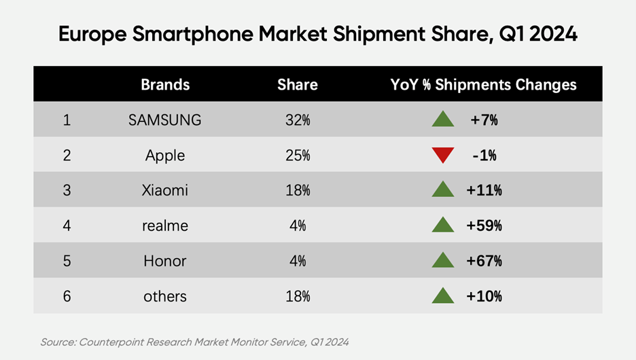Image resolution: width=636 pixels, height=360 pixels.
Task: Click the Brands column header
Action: (x=165, y=84)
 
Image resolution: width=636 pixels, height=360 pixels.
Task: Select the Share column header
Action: (x=297, y=84)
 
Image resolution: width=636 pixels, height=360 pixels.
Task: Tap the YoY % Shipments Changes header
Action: (x=483, y=84)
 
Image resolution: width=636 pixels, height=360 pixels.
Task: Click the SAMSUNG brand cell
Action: (x=165, y=120)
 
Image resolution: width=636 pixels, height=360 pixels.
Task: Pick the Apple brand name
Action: (x=165, y=156)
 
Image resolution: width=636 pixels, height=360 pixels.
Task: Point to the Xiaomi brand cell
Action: (x=165, y=191)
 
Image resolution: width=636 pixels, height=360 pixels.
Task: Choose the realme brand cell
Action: (x=165, y=226)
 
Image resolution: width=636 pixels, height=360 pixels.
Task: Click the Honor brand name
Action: (x=165, y=261)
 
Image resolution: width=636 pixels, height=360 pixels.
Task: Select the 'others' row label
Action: (x=165, y=296)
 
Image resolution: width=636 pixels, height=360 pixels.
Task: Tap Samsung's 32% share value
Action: (x=298, y=120)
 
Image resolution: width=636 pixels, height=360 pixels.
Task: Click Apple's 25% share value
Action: (x=298, y=156)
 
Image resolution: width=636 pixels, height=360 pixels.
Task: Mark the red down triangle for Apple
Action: (x=443, y=156)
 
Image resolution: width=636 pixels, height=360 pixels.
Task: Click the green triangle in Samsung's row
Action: (x=443, y=120)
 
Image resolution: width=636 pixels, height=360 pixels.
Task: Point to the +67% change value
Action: (x=484, y=261)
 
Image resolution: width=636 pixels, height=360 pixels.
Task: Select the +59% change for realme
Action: (x=484, y=226)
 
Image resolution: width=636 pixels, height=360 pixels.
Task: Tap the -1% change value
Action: (x=484, y=156)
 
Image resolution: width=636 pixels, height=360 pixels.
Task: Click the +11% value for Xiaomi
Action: (x=484, y=191)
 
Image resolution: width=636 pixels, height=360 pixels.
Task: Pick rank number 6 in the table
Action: (x=67, y=296)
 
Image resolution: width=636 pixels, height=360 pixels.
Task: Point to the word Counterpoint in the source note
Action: (x=110, y=342)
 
